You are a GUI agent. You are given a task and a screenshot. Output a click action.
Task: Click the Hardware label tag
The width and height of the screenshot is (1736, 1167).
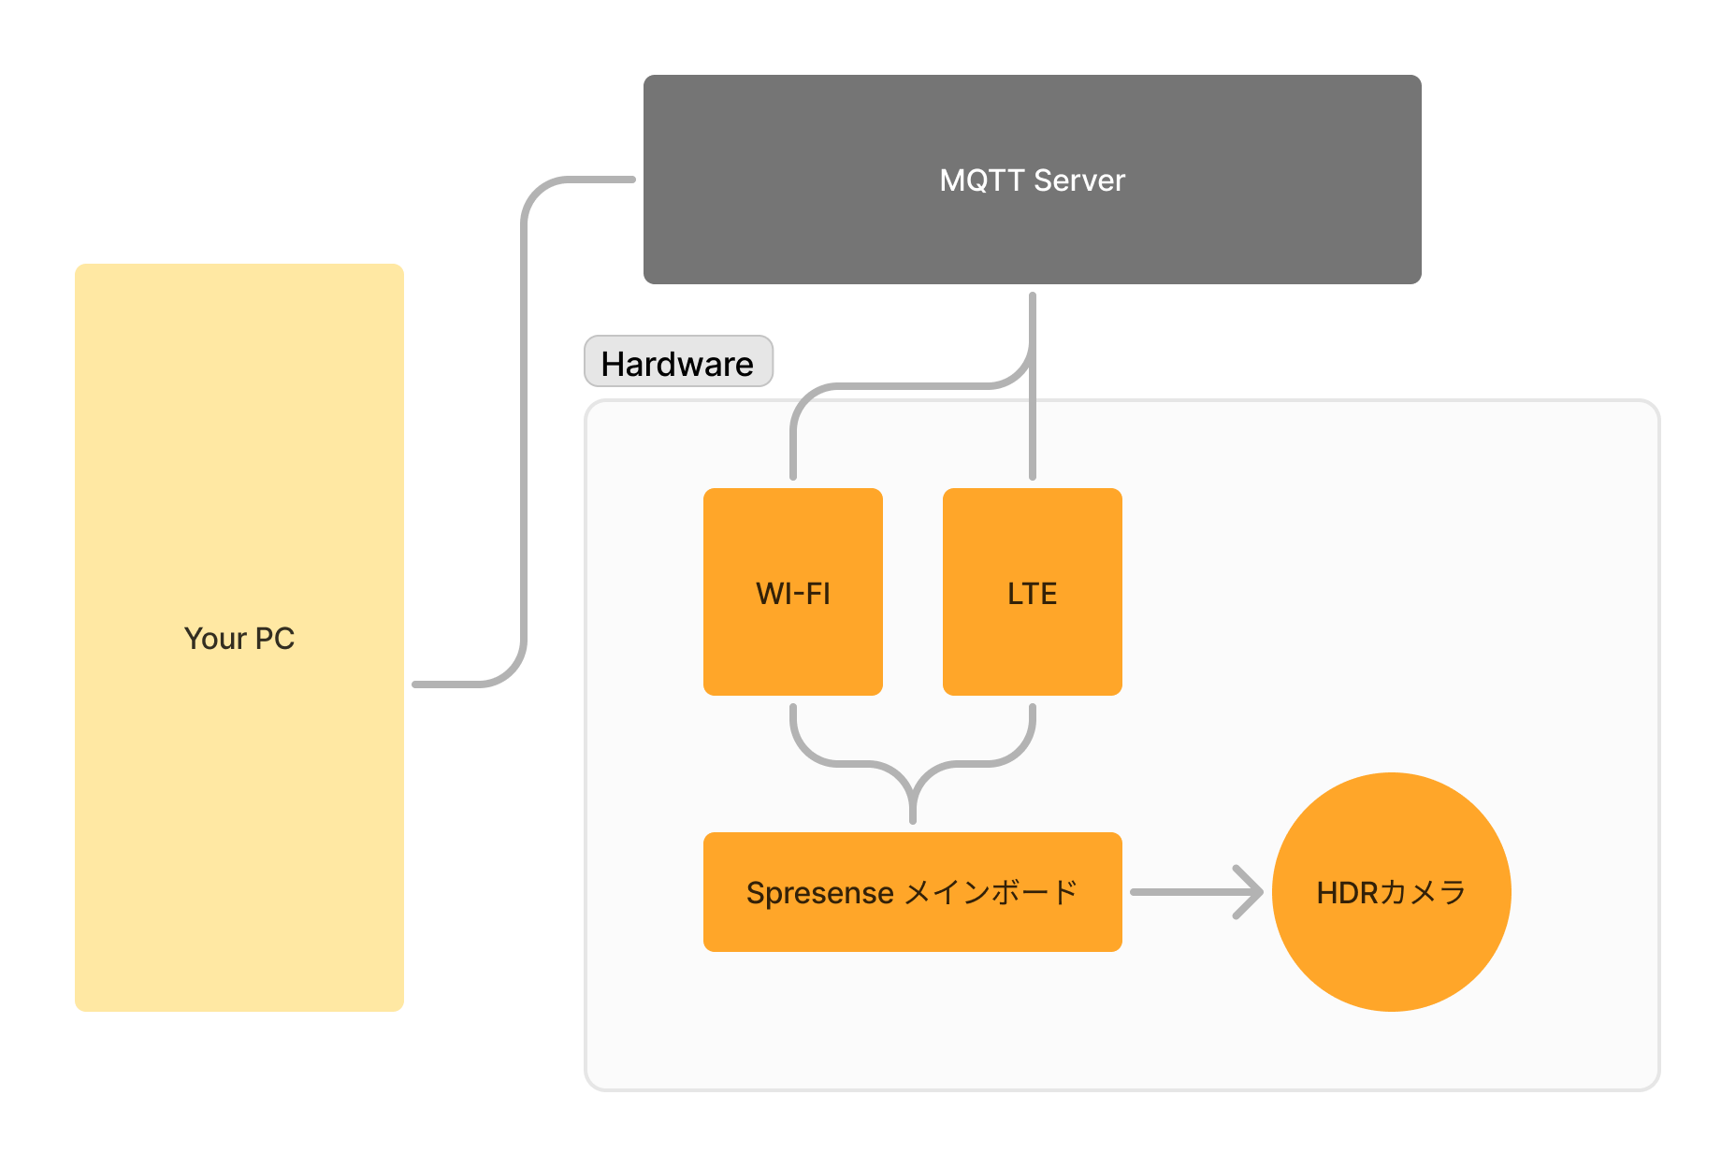(x=678, y=363)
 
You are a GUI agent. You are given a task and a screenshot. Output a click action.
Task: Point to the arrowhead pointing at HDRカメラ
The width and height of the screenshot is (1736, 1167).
(x=1251, y=892)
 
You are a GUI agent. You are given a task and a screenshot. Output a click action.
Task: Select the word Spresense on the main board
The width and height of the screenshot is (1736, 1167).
(x=819, y=894)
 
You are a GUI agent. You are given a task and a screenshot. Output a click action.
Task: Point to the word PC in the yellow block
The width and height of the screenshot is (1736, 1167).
(x=274, y=639)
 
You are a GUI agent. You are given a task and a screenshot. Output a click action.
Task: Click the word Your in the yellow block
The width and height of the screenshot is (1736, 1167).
(x=215, y=639)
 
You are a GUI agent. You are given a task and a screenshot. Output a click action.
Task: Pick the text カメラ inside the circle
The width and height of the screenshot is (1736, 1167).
(x=1423, y=893)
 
